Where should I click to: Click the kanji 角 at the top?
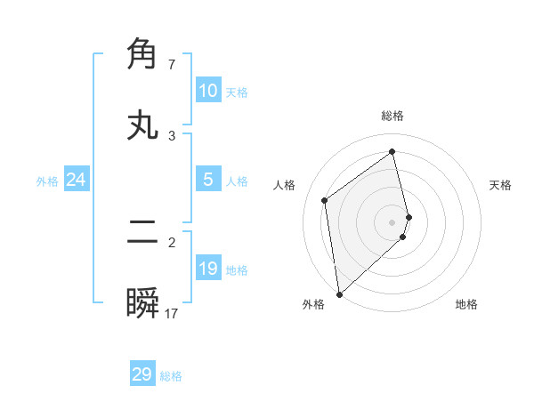143,53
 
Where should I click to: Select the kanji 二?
143,233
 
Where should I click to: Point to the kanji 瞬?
143,304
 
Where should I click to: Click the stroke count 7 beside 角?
172,65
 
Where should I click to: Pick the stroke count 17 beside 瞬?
172,314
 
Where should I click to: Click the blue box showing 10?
208,91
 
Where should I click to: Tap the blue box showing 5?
208,180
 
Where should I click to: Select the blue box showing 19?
208,269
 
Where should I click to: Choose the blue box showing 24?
77,180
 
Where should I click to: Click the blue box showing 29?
142,374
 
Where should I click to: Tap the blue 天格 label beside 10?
237,92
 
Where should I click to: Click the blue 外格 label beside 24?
47,181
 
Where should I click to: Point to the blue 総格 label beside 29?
171,376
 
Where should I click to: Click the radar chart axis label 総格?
392,116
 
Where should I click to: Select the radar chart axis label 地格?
466,304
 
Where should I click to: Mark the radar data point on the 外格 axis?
339,293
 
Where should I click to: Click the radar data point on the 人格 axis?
325,200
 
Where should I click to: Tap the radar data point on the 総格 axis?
392,151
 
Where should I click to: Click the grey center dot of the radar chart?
392,221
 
